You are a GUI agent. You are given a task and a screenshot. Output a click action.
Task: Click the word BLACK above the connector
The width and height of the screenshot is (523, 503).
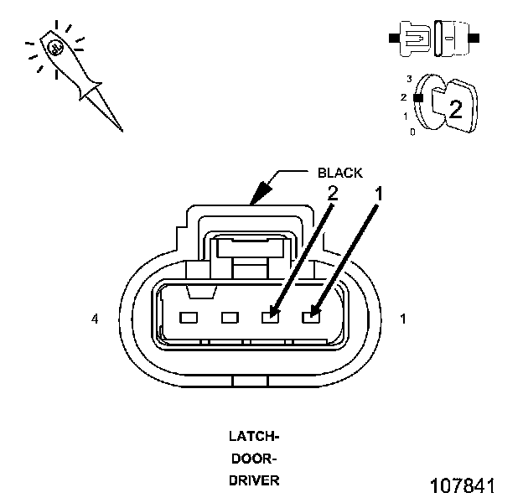pyautogui.click(x=340, y=173)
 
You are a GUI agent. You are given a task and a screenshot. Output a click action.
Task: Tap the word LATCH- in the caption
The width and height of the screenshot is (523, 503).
pyautogui.click(x=254, y=436)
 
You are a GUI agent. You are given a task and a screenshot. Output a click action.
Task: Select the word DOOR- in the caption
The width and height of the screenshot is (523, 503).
pyautogui.click(x=254, y=459)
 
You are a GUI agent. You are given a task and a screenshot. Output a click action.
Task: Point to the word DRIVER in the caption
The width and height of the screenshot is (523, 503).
pyautogui.click(x=254, y=480)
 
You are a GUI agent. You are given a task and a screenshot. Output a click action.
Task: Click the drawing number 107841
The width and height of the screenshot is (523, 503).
pyautogui.click(x=463, y=485)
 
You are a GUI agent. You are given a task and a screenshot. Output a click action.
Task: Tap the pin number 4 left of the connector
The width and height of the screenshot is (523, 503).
pyautogui.click(x=95, y=319)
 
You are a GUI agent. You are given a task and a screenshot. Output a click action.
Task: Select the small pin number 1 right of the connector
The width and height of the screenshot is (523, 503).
pyautogui.click(x=403, y=319)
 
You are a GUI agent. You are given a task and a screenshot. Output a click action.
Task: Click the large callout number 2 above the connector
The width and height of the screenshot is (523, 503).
pyautogui.click(x=333, y=193)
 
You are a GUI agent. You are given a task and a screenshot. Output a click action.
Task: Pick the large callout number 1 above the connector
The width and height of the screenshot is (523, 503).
pyautogui.click(x=379, y=194)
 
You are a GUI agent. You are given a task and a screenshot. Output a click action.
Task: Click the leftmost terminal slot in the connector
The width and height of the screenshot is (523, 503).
pyautogui.click(x=189, y=318)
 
